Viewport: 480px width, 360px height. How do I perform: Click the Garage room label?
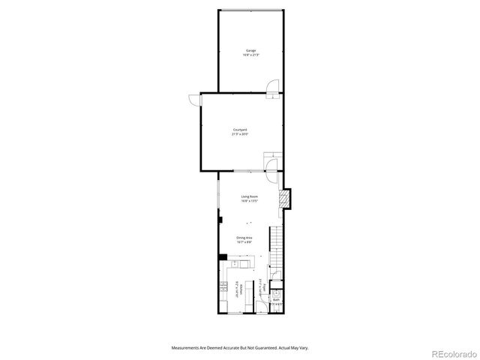coord(250,50)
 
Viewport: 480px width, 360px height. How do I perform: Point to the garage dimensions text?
coord(250,55)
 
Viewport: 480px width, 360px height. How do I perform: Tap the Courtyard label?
coord(241,130)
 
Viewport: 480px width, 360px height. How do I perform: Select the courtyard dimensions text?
coord(241,134)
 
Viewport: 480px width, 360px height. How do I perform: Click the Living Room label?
coord(250,196)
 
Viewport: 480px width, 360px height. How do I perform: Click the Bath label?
coord(276,299)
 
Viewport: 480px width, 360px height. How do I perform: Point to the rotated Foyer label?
coord(264,287)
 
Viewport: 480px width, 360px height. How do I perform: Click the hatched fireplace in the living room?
coord(283,198)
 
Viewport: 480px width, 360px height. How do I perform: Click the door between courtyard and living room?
coord(270,161)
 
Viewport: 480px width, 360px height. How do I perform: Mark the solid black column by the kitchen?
coord(223,258)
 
